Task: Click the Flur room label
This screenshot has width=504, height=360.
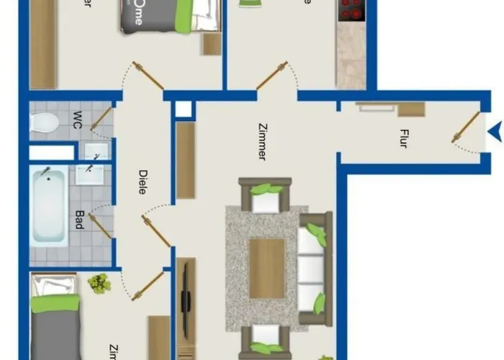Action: tap(404, 138)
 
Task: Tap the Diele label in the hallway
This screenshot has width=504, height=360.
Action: tap(143, 181)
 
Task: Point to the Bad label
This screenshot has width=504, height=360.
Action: tap(79, 218)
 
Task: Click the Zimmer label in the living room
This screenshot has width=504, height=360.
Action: tap(261, 141)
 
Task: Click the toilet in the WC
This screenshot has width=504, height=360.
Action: tap(44, 123)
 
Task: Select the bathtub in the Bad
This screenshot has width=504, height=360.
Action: tap(49, 205)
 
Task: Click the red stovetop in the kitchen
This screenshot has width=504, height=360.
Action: tap(351, 9)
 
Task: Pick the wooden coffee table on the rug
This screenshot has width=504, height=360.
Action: tap(266, 268)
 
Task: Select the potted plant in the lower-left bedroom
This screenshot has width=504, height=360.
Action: tap(99, 283)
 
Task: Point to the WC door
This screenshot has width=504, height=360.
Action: tap(101, 117)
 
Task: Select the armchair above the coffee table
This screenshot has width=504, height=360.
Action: tap(265, 195)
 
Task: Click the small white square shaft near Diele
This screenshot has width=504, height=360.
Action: tap(184, 109)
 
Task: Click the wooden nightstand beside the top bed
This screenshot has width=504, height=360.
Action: tap(211, 45)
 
